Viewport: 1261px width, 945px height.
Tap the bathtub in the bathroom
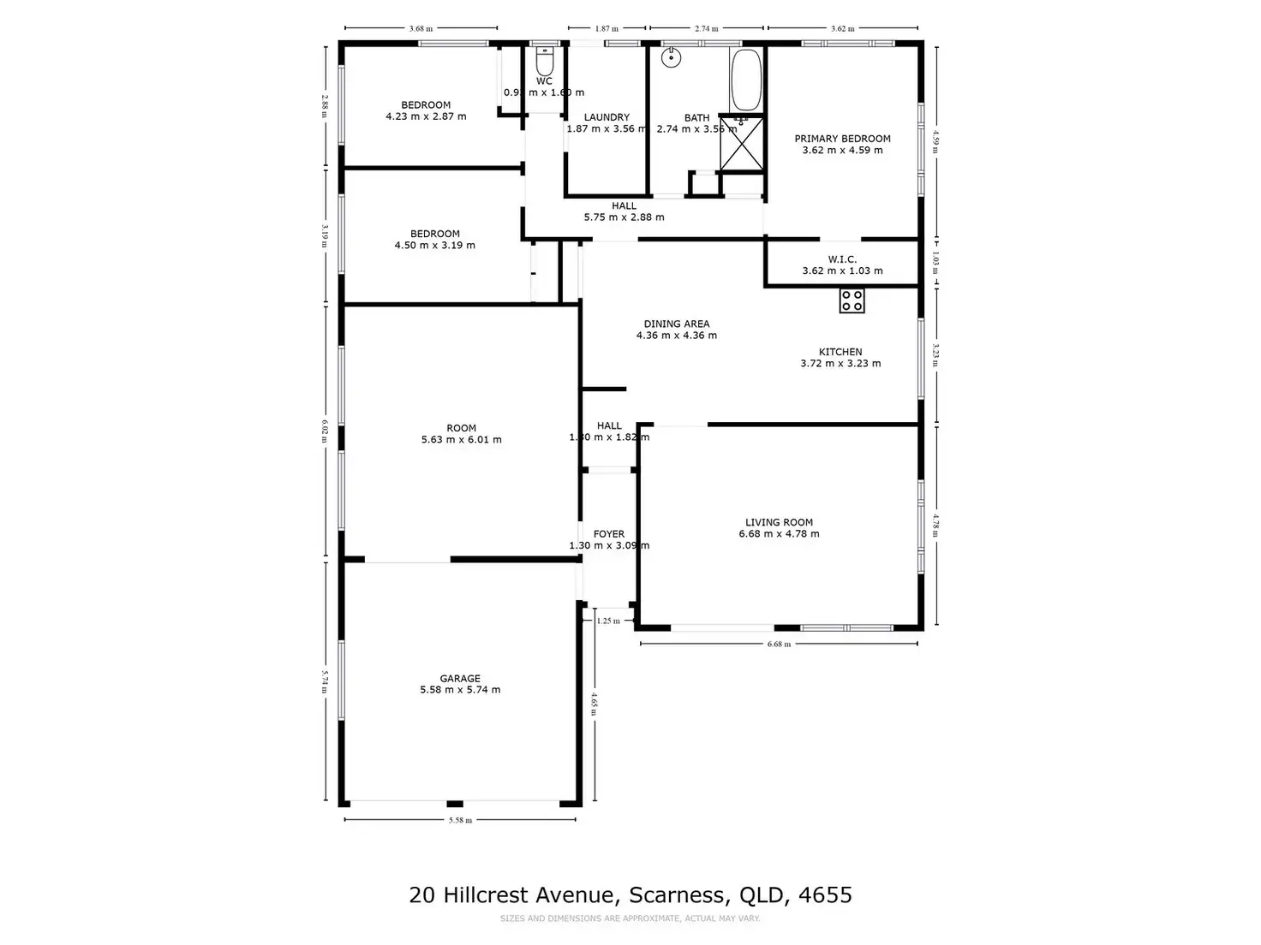click(745, 80)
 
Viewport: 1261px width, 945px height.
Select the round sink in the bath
click(672, 57)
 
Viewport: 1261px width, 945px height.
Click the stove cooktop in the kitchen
click(852, 300)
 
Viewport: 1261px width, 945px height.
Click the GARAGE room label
click(460, 678)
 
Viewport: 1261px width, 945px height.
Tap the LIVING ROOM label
click(779, 522)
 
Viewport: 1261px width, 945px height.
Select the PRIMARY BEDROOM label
click(842, 139)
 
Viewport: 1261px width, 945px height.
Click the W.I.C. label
click(842, 259)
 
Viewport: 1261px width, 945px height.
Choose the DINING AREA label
click(677, 324)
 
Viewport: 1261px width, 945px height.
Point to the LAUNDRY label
click(607, 117)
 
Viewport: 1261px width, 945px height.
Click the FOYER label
click(609, 534)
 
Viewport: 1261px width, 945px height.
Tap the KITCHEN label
click(840, 352)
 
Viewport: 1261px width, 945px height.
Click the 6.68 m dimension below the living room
click(779, 644)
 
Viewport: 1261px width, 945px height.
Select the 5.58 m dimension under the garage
click(460, 820)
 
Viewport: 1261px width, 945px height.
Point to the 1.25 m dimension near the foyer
click(608, 621)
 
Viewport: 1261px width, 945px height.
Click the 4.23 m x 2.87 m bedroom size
click(426, 116)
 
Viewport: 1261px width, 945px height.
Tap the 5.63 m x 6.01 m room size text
click(461, 440)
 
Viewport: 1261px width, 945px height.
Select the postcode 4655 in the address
click(825, 895)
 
